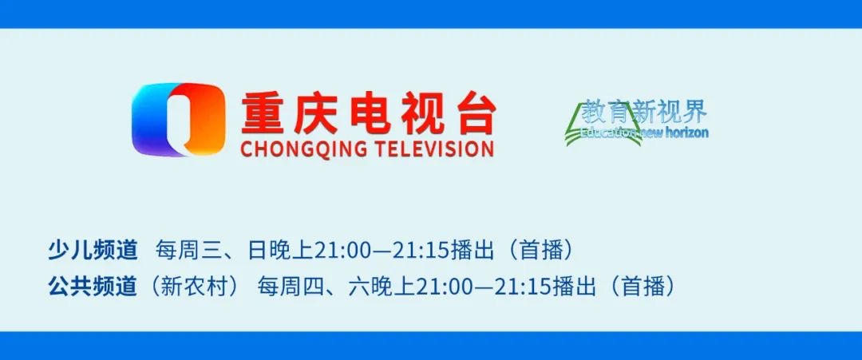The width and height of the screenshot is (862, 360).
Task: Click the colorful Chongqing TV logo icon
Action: [x=178, y=120]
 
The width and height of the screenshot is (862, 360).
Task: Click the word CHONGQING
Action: [x=302, y=149]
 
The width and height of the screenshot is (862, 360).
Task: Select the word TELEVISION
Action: [x=433, y=149]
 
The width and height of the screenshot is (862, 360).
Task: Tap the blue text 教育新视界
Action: [x=644, y=113]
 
